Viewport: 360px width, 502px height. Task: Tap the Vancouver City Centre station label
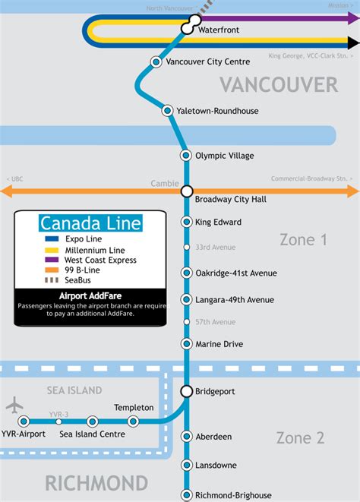[207, 62]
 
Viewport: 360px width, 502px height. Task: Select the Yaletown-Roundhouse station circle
[169, 111]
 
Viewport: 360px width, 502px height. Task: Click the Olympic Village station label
[224, 156]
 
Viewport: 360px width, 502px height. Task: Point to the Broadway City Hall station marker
[187, 192]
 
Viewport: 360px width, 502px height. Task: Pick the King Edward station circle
[187, 222]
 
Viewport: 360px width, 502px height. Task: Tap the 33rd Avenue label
[215, 248]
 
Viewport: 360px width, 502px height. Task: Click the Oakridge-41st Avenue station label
[236, 273]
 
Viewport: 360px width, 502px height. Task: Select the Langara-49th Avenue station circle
[187, 299]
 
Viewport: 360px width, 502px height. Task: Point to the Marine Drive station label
[219, 344]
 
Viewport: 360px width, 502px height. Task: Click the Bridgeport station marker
[187, 391]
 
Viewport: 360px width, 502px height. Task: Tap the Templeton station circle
[134, 421]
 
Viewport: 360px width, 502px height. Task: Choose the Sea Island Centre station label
[92, 434]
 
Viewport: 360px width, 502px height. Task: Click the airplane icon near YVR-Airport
[14, 406]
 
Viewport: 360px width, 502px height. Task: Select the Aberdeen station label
[213, 437]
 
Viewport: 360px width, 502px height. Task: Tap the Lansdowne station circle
[187, 465]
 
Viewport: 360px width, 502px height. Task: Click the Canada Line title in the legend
[90, 223]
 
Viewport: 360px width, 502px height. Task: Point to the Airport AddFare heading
[90, 295]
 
